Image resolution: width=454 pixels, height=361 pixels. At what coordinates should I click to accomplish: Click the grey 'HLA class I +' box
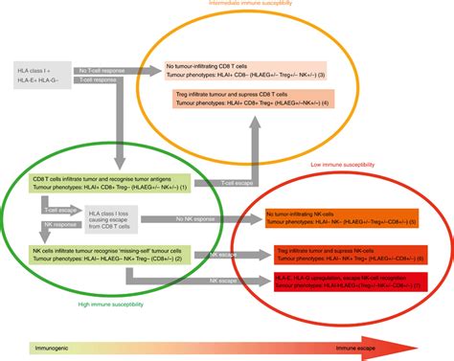(x=45, y=76)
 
